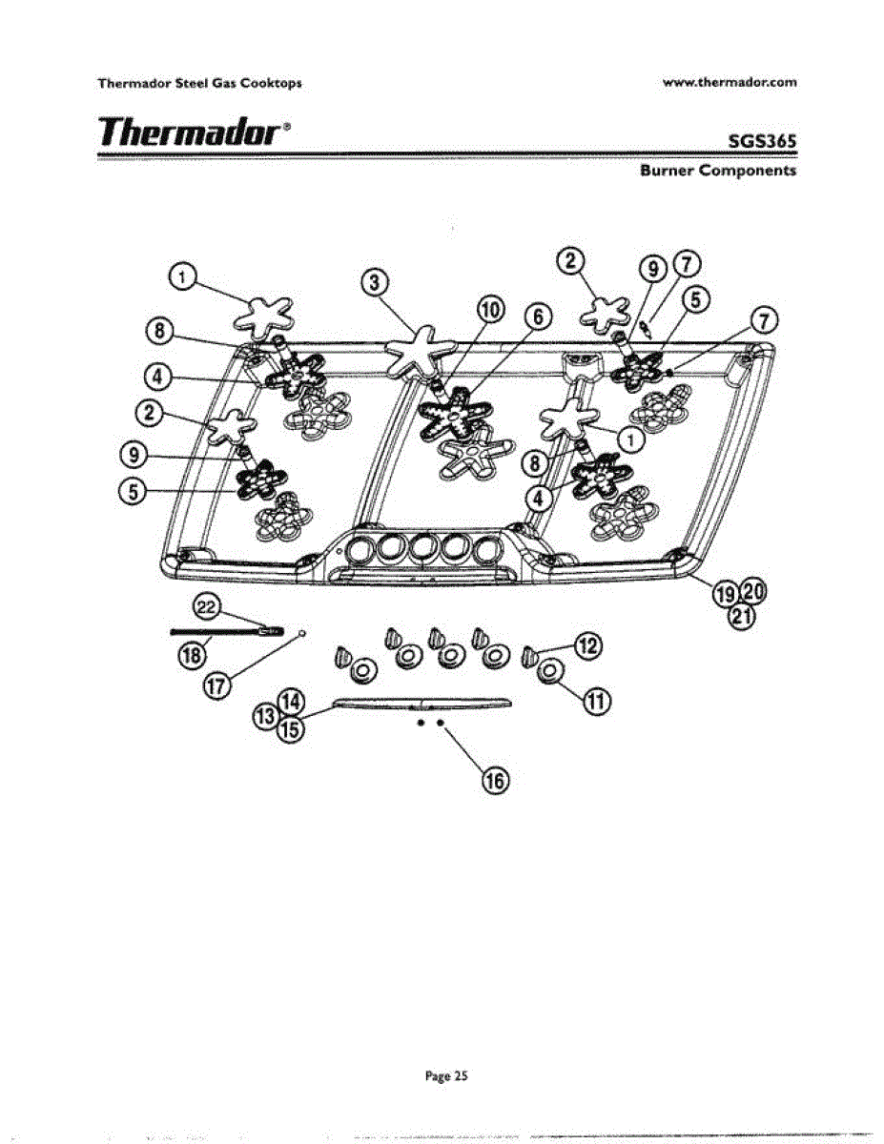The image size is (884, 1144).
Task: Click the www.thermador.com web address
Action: [x=729, y=82]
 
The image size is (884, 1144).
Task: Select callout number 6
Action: [x=537, y=317]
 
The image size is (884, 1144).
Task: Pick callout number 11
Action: [x=597, y=704]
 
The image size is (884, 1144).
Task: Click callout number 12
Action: [x=588, y=647]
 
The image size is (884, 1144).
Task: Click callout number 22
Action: [x=207, y=606]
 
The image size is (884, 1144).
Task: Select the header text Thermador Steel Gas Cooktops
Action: [x=199, y=83]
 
